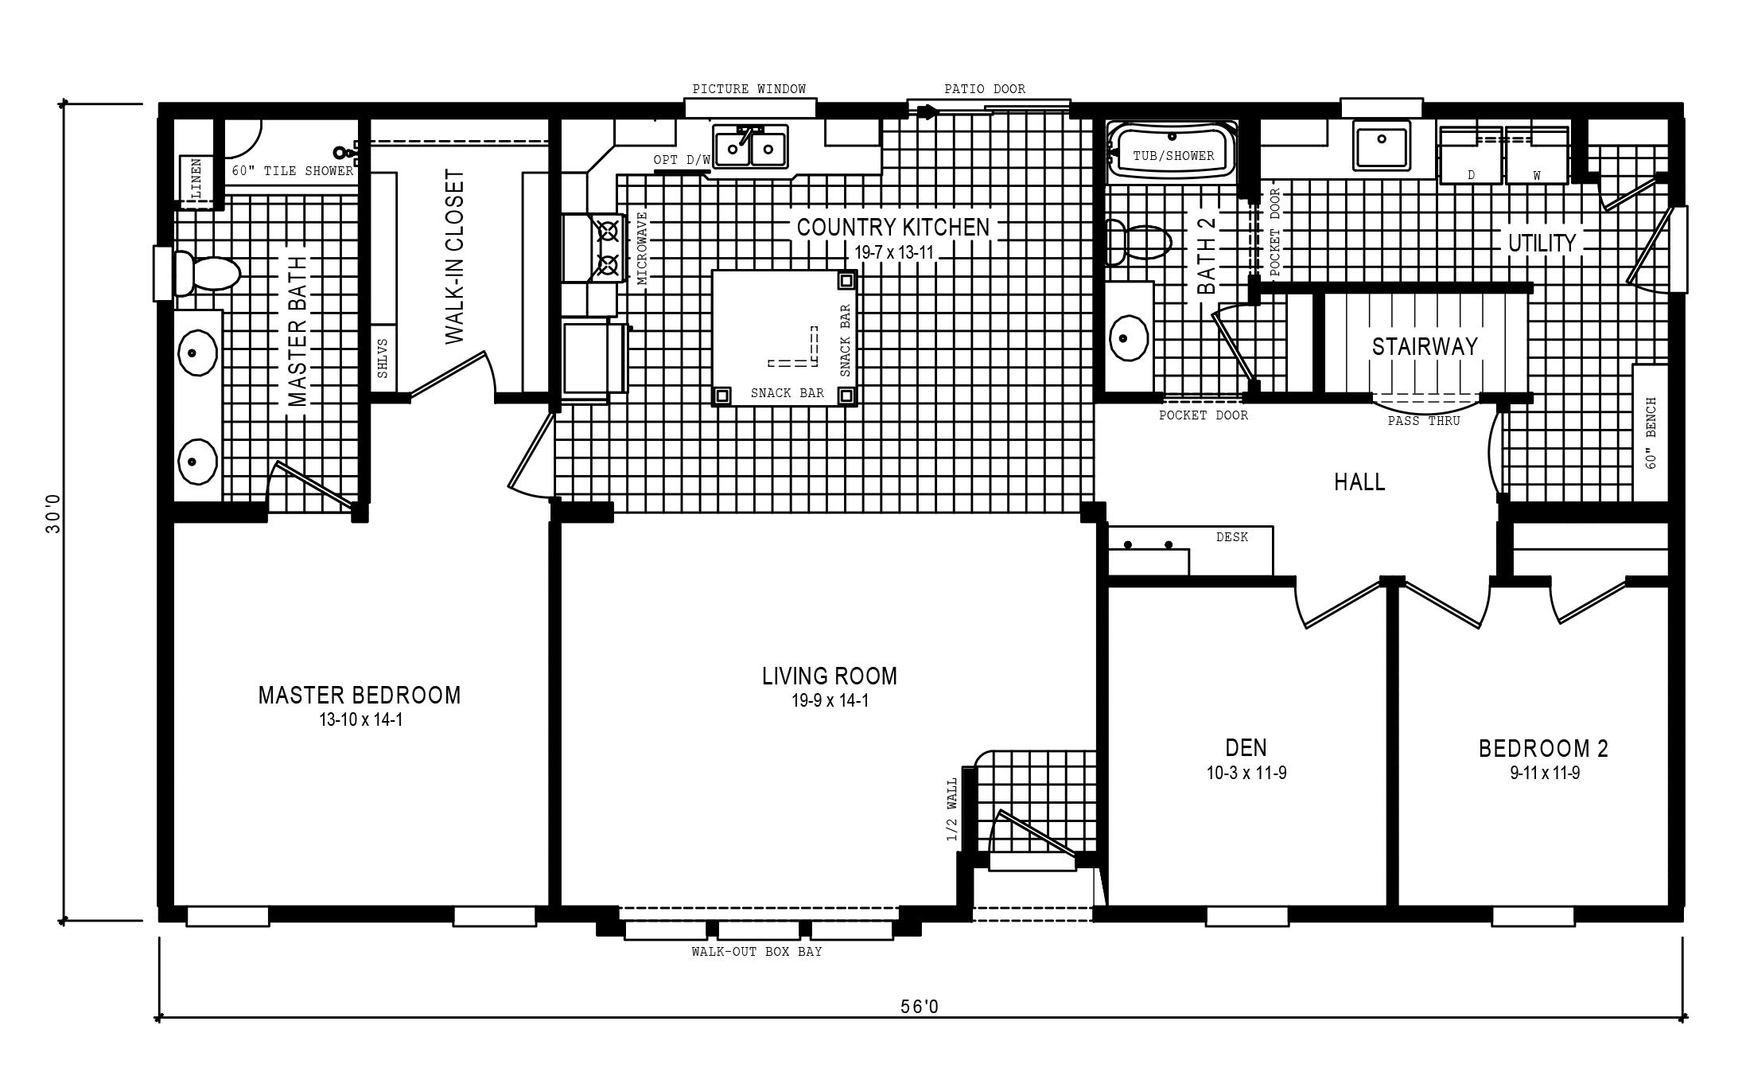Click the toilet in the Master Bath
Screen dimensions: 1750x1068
point(207,274)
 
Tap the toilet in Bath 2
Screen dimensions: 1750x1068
point(1138,242)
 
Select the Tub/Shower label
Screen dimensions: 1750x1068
point(1173,156)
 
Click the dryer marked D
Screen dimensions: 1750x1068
point(1471,154)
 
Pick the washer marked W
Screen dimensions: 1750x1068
point(1536,154)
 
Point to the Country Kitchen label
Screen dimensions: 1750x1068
point(893,228)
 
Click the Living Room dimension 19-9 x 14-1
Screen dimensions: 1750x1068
point(830,701)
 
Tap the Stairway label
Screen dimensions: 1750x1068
point(1425,346)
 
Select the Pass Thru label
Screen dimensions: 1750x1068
point(1424,421)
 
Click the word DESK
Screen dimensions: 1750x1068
point(1232,537)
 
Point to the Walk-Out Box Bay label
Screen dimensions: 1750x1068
point(756,952)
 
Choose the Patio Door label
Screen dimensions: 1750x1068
point(985,89)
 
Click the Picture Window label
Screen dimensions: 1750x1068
point(749,89)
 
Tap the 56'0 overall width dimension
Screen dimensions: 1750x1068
point(920,1007)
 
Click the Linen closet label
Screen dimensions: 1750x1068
point(196,179)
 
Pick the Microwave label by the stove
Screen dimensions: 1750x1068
point(643,248)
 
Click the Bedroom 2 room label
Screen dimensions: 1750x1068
point(1544,749)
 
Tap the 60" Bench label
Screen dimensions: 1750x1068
point(1651,433)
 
